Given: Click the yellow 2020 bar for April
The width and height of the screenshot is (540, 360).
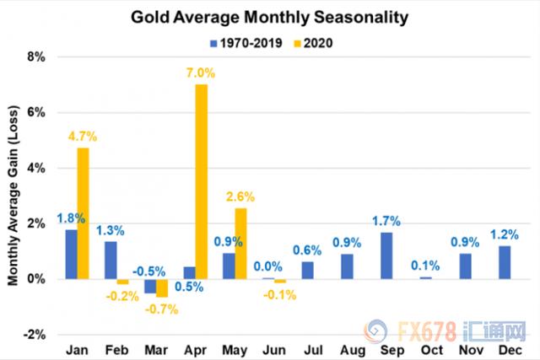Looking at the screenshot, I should (x=201, y=181).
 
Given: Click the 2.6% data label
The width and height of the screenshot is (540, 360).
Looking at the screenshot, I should (x=241, y=198).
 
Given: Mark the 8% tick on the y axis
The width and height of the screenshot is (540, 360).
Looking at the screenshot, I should (x=36, y=57).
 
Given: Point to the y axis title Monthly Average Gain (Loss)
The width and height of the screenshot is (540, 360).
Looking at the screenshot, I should (x=13, y=195).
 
